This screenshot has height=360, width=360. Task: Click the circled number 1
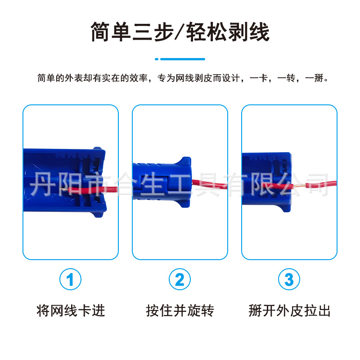(70, 279)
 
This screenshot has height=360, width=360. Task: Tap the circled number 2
(180, 279)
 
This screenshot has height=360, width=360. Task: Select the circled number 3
(289, 279)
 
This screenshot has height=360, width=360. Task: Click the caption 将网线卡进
(71, 310)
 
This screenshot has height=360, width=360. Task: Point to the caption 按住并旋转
(180, 310)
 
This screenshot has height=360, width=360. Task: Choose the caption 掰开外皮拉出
(289, 310)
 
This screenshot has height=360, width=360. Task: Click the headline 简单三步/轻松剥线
(180, 31)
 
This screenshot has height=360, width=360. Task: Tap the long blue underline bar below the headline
(183, 59)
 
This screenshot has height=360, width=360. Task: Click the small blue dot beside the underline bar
(157, 59)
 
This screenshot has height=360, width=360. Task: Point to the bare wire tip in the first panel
(64, 189)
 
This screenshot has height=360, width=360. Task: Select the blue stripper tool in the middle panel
(162, 182)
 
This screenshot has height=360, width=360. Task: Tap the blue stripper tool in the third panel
(266, 181)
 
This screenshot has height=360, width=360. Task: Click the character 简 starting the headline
(100, 31)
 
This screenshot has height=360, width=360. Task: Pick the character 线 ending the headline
(260, 31)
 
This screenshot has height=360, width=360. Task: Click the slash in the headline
(180, 31)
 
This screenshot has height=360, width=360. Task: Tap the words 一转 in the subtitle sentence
(286, 78)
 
